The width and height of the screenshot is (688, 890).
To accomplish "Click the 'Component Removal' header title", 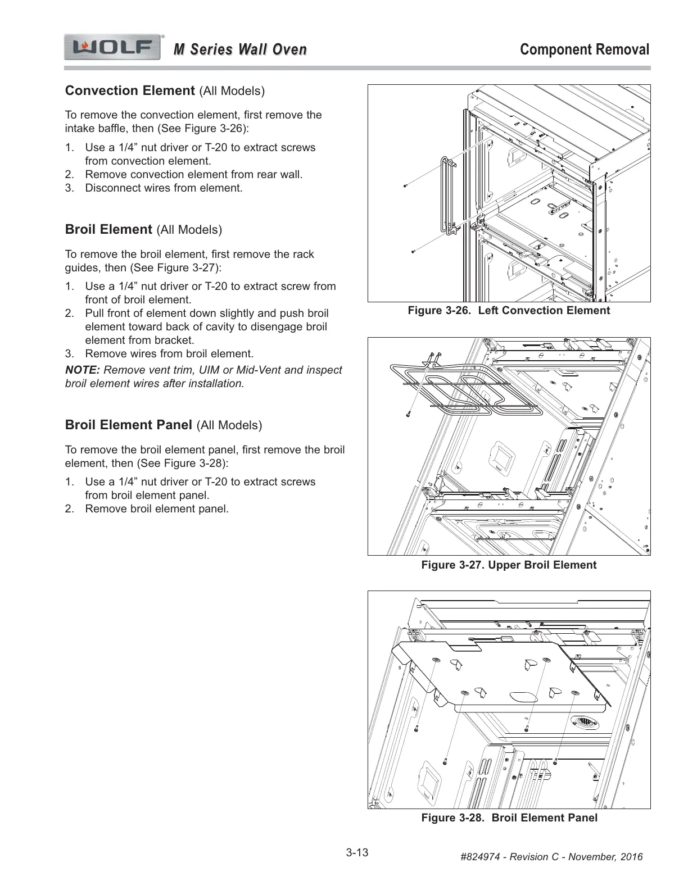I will tap(585, 49).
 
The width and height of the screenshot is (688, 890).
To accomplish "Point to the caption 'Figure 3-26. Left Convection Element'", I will tap(509, 311).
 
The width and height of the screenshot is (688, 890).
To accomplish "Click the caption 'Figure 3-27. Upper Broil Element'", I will tap(509, 565).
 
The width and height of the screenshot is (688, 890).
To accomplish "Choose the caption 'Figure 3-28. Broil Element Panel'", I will tap(509, 818).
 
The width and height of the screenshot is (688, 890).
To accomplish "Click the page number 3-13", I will tap(357, 853).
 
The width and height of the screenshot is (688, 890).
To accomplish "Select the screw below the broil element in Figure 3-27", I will tap(408, 415).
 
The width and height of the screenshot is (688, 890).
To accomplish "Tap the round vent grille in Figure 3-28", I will tap(582, 723).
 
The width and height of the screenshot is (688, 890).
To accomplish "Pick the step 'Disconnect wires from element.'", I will tap(164, 188).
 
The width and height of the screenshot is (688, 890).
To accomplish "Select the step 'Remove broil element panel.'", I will tap(157, 509).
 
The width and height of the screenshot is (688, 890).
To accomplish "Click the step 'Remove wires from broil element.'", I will tap(169, 354).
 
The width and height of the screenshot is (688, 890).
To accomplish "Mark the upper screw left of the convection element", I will tap(405, 185).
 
